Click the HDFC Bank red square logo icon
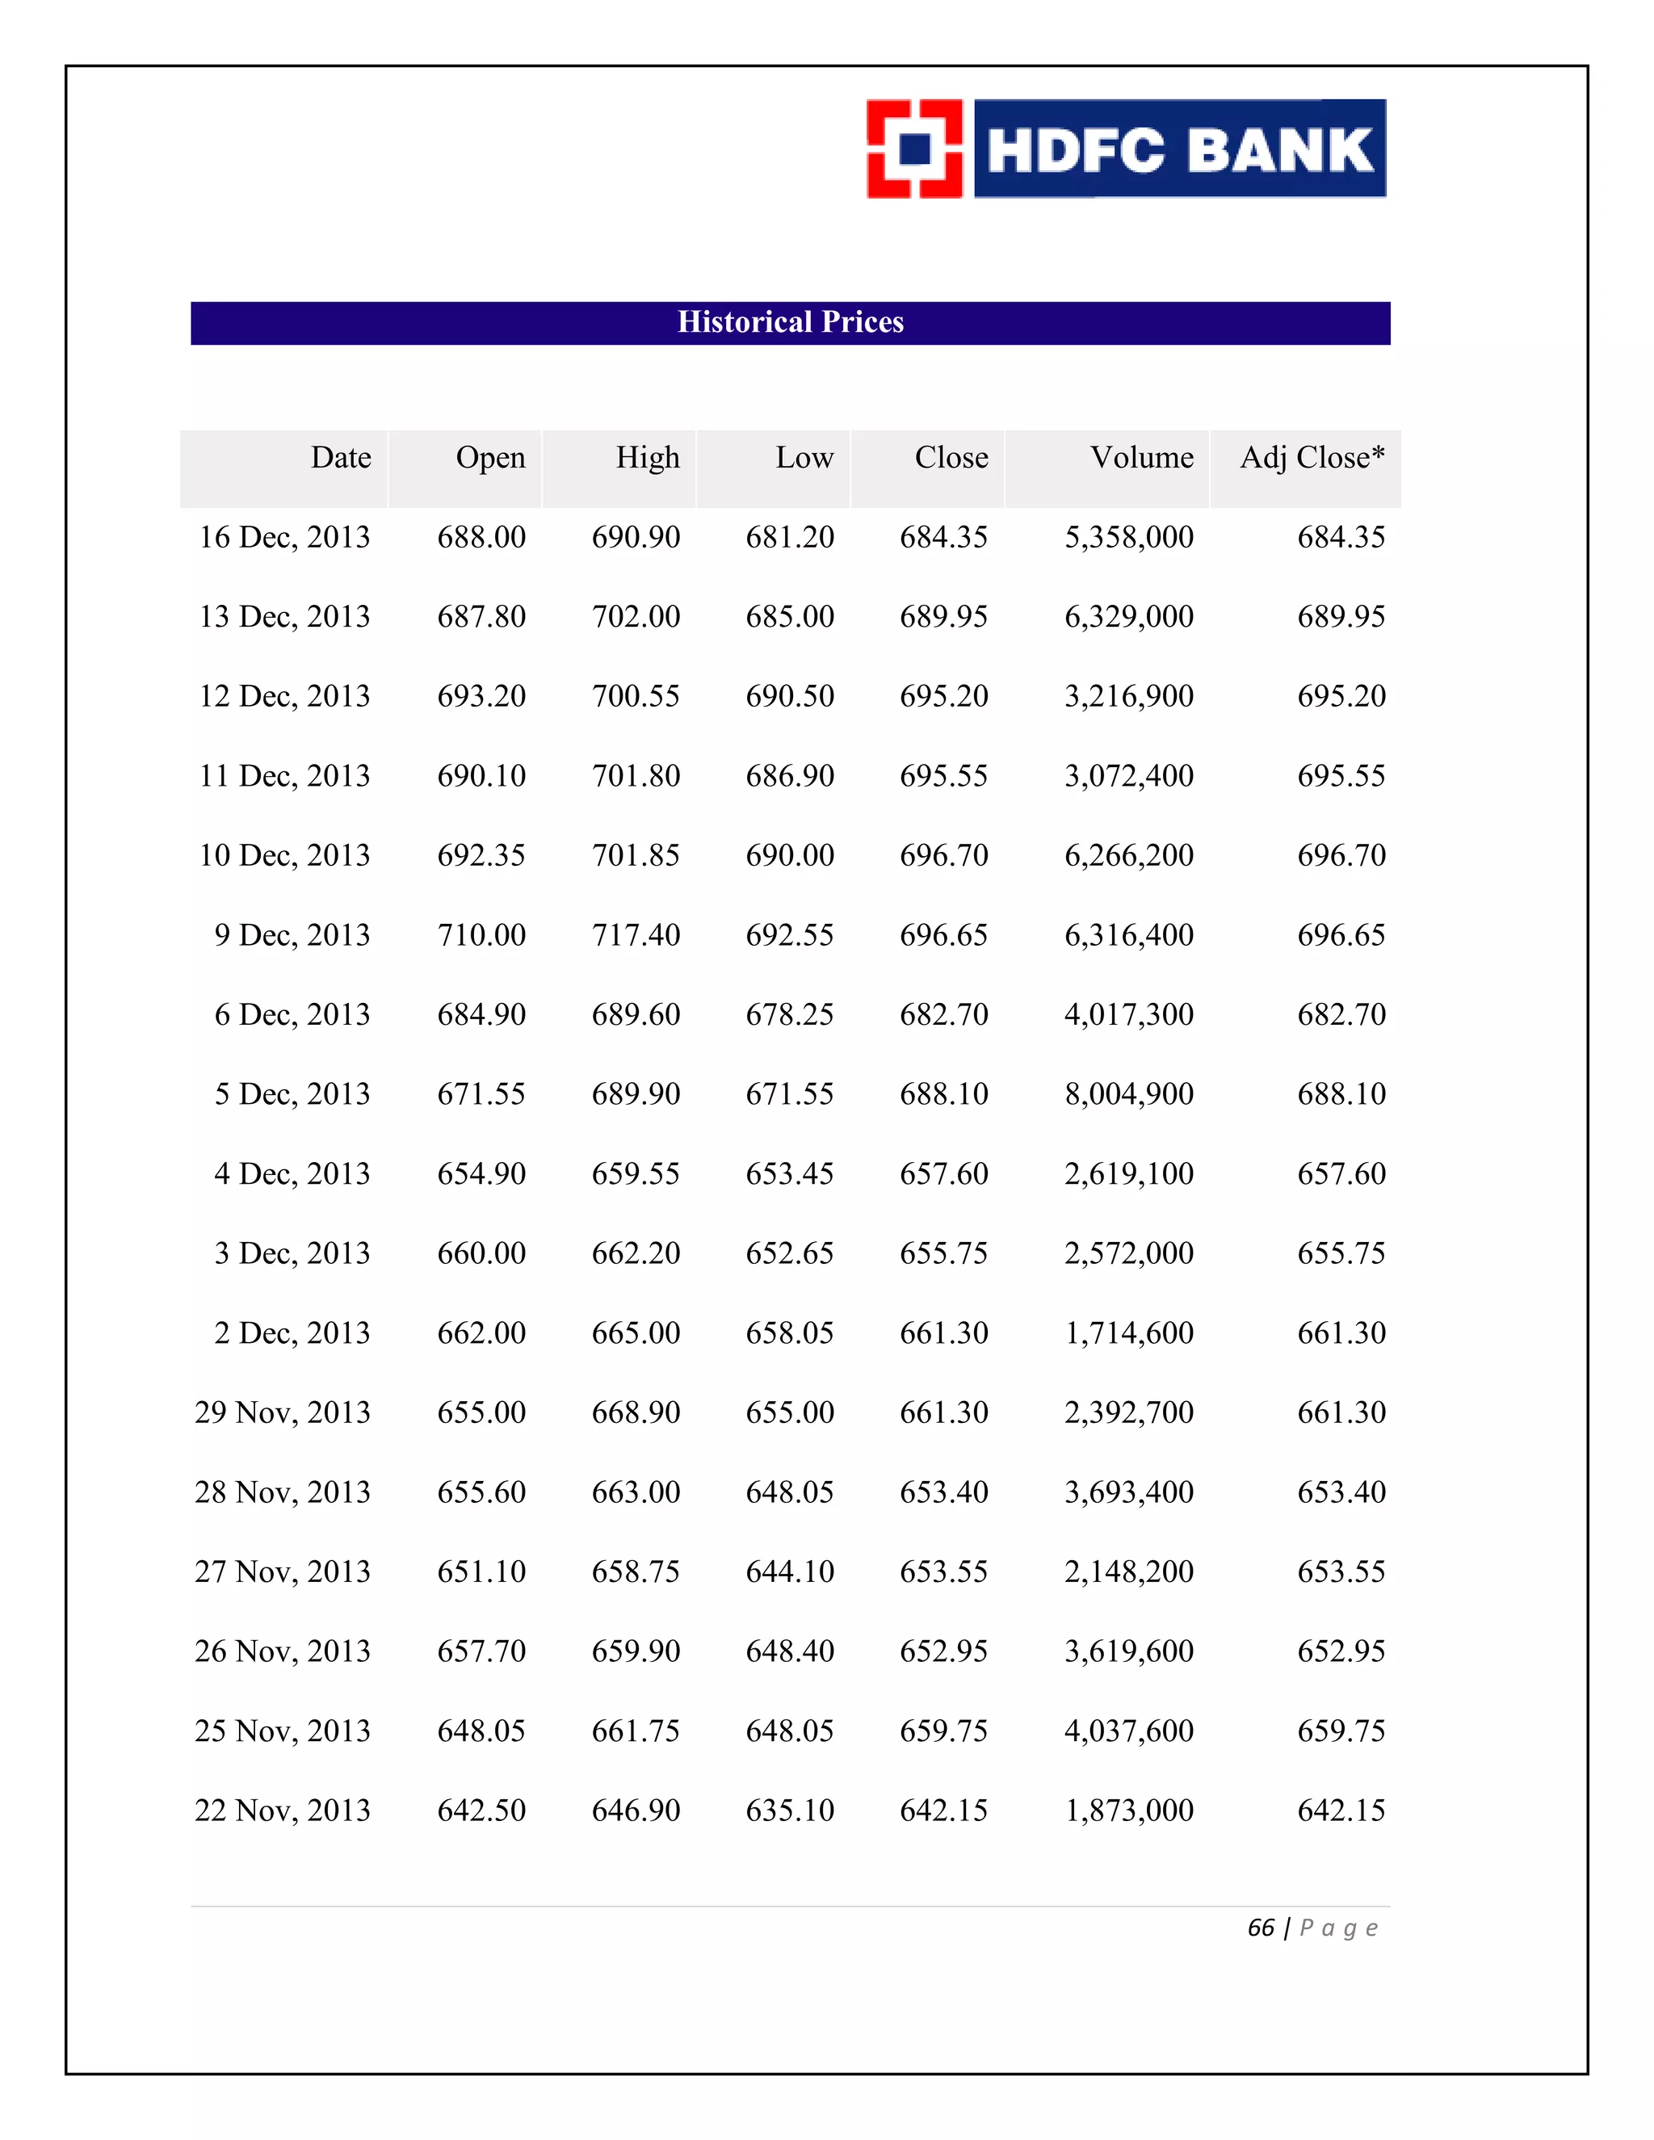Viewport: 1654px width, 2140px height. (x=914, y=149)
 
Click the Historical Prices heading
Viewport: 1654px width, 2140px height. (x=790, y=322)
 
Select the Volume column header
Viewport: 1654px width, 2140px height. (x=1141, y=458)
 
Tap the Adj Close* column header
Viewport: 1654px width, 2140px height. (x=1312, y=458)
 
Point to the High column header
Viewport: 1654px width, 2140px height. (x=647, y=458)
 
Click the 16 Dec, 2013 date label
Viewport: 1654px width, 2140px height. (x=284, y=537)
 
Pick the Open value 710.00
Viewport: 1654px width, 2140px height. (x=481, y=935)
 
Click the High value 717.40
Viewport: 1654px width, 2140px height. (x=635, y=935)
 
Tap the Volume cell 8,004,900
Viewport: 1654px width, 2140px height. (x=1129, y=1093)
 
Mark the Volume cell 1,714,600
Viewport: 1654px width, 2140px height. (x=1129, y=1332)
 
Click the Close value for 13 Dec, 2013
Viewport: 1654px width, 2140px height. (x=943, y=616)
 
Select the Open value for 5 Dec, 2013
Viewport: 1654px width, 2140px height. (x=481, y=1093)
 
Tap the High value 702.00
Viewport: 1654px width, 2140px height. (x=635, y=616)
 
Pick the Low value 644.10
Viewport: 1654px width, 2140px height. (x=790, y=1571)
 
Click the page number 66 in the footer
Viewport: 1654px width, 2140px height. (x=1260, y=1928)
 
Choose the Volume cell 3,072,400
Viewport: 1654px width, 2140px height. (x=1129, y=776)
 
